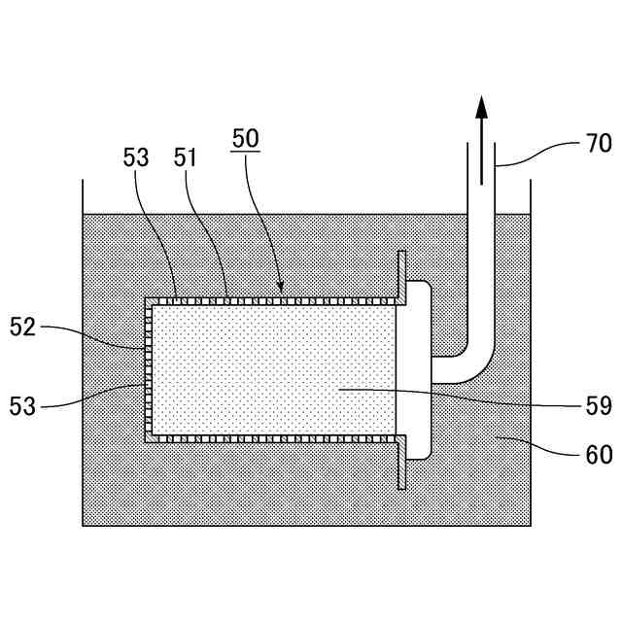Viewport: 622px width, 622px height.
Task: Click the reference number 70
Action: click(598, 144)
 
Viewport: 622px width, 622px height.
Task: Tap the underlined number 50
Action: click(245, 139)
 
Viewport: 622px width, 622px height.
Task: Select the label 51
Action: click(185, 157)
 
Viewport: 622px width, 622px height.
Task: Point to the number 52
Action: click(22, 328)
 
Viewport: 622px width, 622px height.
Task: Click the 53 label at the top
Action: click(137, 157)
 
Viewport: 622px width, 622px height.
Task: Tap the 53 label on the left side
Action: click(22, 404)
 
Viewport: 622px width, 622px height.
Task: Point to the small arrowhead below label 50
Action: click(281, 288)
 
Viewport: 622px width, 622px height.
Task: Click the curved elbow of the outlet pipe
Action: click(476, 360)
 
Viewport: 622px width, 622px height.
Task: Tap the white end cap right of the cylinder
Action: click(416, 369)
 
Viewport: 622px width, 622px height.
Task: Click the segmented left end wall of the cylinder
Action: click(148, 369)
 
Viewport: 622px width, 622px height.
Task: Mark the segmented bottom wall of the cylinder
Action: click(272, 438)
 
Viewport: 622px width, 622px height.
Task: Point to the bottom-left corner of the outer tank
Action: click(84, 526)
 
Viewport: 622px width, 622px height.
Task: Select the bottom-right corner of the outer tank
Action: click(531, 526)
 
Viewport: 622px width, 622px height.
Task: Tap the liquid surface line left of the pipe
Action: click(272, 215)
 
